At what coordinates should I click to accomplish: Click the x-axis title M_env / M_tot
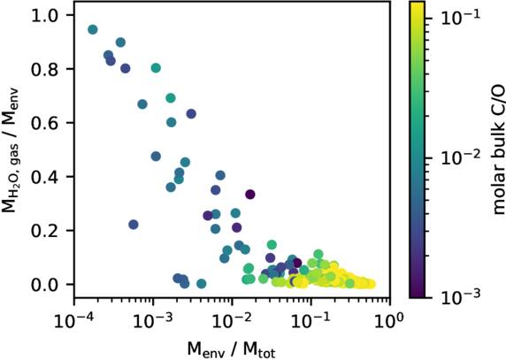(x=232, y=345)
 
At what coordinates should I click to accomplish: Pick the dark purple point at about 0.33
(x=250, y=195)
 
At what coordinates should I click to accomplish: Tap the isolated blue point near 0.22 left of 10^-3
(x=134, y=225)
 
